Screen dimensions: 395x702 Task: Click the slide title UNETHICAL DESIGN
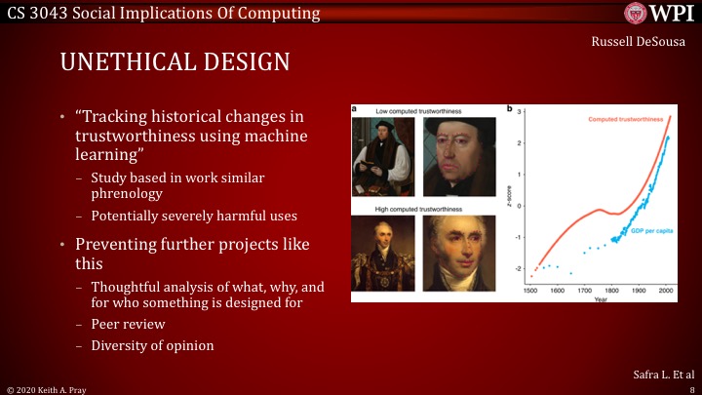coord(175,62)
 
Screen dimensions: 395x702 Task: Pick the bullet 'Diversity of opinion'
coord(151,344)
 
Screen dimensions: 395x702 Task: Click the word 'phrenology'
coord(128,193)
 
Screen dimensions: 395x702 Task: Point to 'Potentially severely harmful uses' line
coord(188,214)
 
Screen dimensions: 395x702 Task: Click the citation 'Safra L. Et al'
coord(660,374)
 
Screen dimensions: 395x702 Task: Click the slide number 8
coord(689,387)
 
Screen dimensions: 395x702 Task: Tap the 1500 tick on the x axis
coord(530,291)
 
